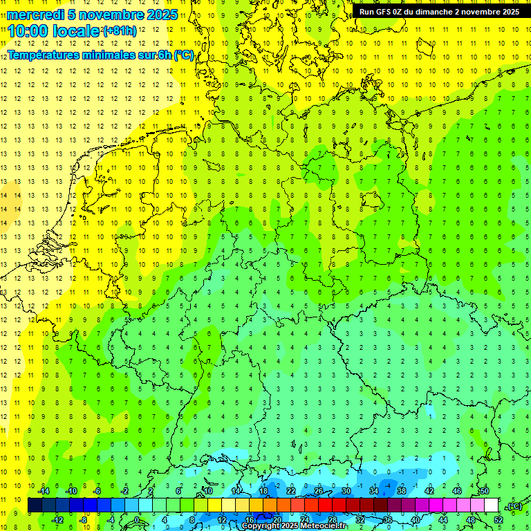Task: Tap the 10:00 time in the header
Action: point(28,31)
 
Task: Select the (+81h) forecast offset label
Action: point(120,31)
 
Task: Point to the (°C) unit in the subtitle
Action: point(183,55)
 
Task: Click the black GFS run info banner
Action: point(439,12)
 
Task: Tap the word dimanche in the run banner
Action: point(436,12)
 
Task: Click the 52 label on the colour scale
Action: point(497,520)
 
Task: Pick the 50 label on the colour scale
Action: point(484,491)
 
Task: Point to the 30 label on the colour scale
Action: point(346,491)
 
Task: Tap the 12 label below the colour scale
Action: point(222,520)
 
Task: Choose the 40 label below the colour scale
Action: point(415,520)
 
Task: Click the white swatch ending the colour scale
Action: point(490,505)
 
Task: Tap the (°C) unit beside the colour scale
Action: point(514,506)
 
